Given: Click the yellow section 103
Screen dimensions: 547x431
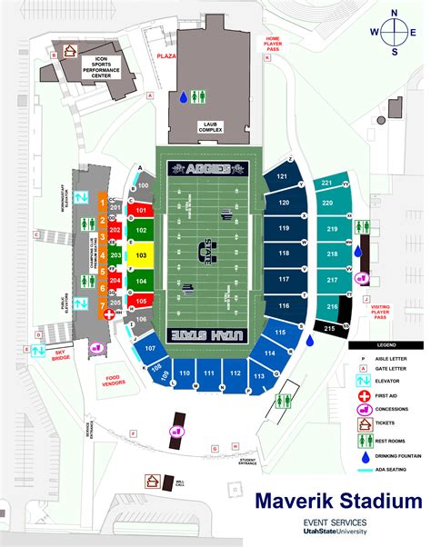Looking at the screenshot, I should click(140, 256).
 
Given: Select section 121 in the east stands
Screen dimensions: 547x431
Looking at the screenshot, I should click(283, 177).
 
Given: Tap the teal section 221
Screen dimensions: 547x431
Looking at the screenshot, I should click(327, 183).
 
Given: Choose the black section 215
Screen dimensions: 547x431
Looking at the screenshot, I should click(330, 327).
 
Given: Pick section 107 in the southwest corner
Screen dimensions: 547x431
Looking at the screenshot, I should click(150, 348).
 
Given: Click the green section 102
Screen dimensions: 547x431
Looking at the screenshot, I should click(140, 231).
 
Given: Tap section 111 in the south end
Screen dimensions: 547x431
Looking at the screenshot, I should click(209, 373).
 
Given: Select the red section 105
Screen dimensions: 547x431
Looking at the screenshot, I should click(140, 301).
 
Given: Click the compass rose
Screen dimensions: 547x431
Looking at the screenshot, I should click(394, 33).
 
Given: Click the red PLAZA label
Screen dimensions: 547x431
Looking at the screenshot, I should click(165, 55).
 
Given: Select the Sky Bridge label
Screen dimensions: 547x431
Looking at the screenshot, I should click(61, 353).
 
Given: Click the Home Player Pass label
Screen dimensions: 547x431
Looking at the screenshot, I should click(271, 44).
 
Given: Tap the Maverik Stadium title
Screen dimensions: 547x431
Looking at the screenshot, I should click(337, 501).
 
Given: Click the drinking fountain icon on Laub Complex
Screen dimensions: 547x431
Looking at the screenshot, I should click(184, 96).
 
